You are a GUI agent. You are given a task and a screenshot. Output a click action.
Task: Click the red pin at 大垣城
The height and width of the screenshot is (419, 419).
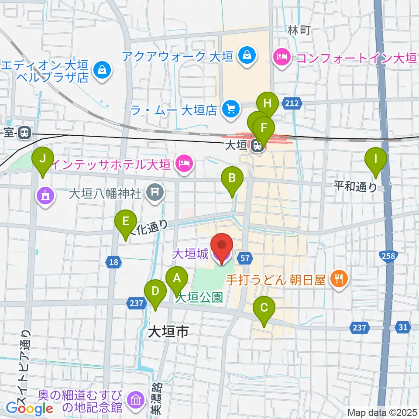coord(222,247)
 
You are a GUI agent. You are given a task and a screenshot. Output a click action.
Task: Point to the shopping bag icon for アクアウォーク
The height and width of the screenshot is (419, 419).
coord(247,56)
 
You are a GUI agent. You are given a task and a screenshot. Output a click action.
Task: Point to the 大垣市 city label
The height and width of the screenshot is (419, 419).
coord(168,332)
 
